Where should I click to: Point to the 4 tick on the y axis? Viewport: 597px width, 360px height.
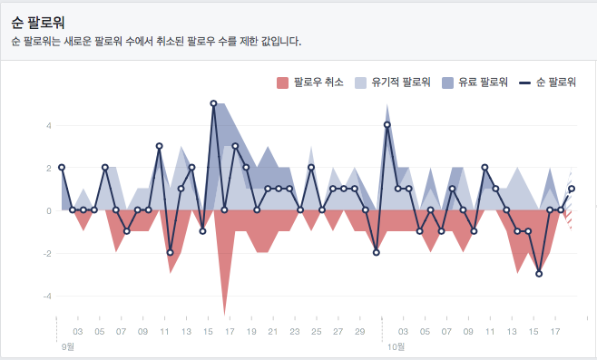click(48, 125)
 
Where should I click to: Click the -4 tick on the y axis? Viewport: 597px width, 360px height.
click(46, 296)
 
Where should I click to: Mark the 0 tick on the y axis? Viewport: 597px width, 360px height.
click(48, 210)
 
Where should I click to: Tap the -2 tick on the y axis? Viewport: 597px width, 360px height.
click(46, 253)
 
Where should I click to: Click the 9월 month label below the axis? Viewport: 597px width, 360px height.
click(68, 346)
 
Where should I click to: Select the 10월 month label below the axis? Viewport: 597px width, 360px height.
click(396, 346)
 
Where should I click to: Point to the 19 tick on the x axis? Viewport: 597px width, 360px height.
click(251, 332)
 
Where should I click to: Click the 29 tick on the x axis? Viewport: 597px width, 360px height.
click(360, 332)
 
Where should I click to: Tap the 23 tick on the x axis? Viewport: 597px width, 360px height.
click(295, 332)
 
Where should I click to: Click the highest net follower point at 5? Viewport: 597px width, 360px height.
click(213, 103)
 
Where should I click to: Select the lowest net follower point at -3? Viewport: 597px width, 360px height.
click(539, 274)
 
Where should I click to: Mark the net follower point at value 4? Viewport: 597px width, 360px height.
click(387, 125)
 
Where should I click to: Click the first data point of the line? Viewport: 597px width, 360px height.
click(62, 168)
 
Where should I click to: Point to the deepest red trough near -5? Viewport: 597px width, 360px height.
click(224, 313)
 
